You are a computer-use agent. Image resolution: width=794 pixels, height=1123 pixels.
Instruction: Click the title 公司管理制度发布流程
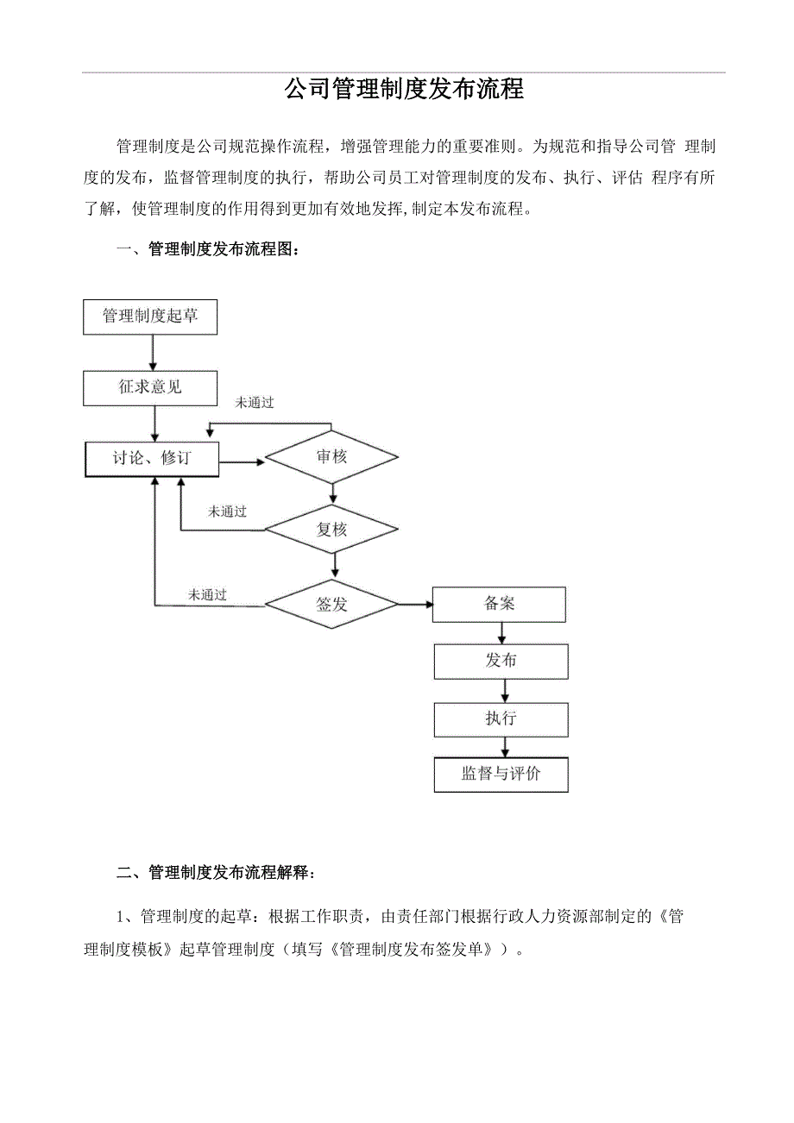coord(404,90)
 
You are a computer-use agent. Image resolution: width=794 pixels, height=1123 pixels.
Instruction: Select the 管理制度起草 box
coord(150,317)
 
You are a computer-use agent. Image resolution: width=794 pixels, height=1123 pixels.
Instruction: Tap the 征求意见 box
coord(150,388)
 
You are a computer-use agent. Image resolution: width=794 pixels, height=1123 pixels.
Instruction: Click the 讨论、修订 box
coord(152,459)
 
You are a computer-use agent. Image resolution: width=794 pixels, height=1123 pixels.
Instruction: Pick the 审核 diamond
coord(331,456)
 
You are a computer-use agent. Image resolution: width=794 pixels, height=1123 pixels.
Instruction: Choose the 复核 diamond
coord(331,530)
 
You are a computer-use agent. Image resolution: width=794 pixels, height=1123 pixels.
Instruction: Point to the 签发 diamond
coord(331,605)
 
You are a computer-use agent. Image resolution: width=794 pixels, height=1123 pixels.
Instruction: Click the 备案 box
coord(500,604)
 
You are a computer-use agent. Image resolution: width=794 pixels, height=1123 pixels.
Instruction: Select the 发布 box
coord(501,662)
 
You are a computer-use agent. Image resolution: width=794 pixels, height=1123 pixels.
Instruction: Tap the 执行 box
coord(501,719)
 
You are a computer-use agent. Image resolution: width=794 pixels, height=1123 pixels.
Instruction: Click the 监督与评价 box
coord(501,774)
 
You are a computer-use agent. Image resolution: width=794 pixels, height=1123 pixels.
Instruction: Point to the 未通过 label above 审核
coord(255,403)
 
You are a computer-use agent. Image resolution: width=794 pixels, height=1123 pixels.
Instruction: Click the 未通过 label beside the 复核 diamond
coord(227,511)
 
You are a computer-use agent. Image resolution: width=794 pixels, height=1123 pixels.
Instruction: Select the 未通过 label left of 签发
coord(207,594)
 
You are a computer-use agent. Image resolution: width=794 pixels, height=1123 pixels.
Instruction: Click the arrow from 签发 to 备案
coord(415,605)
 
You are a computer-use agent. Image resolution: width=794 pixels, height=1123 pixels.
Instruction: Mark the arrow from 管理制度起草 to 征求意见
coord(153,353)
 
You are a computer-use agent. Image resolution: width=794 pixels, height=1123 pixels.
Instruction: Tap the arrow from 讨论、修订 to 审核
coord(242,462)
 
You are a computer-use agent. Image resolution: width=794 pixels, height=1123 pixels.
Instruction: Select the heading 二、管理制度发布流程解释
coord(216,873)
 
